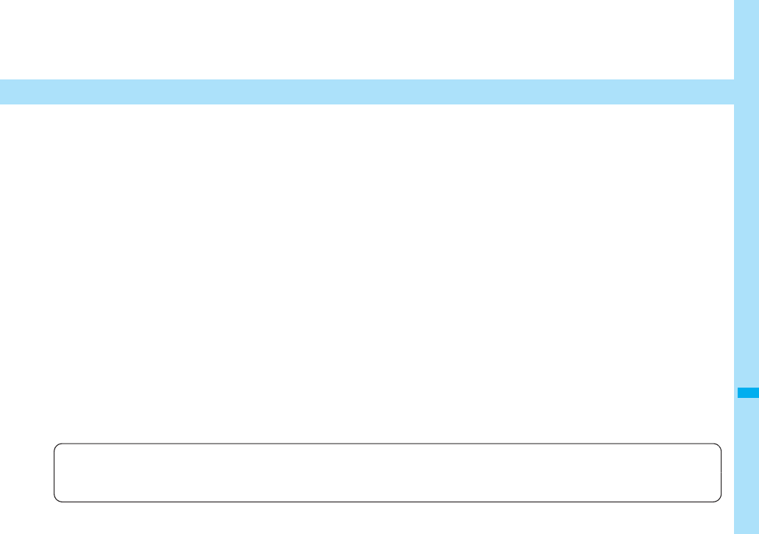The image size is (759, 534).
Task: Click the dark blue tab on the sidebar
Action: [x=747, y=393]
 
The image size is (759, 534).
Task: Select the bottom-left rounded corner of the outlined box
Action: [x=57, y=499]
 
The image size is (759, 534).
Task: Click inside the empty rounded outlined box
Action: [x=388, y=473]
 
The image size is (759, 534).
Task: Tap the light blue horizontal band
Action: [x=367, y=92]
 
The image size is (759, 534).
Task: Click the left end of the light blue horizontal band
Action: [x=3, y=92]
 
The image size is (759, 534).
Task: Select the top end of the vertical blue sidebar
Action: [x=747, y=3]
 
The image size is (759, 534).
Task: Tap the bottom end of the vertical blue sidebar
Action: [x=747, y=530]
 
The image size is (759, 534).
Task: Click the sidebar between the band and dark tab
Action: [x=747, y=243]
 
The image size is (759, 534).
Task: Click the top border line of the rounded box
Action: [x=388, y=444]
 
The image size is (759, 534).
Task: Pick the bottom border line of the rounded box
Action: [x=388, y=502]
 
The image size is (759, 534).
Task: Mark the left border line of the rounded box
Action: [x=54, y=473]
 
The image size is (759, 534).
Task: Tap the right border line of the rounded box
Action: [x=721, y=473]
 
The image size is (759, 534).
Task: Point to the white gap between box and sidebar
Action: [x=728, y=473]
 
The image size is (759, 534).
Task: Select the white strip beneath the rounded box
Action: [x=388, y=519]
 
